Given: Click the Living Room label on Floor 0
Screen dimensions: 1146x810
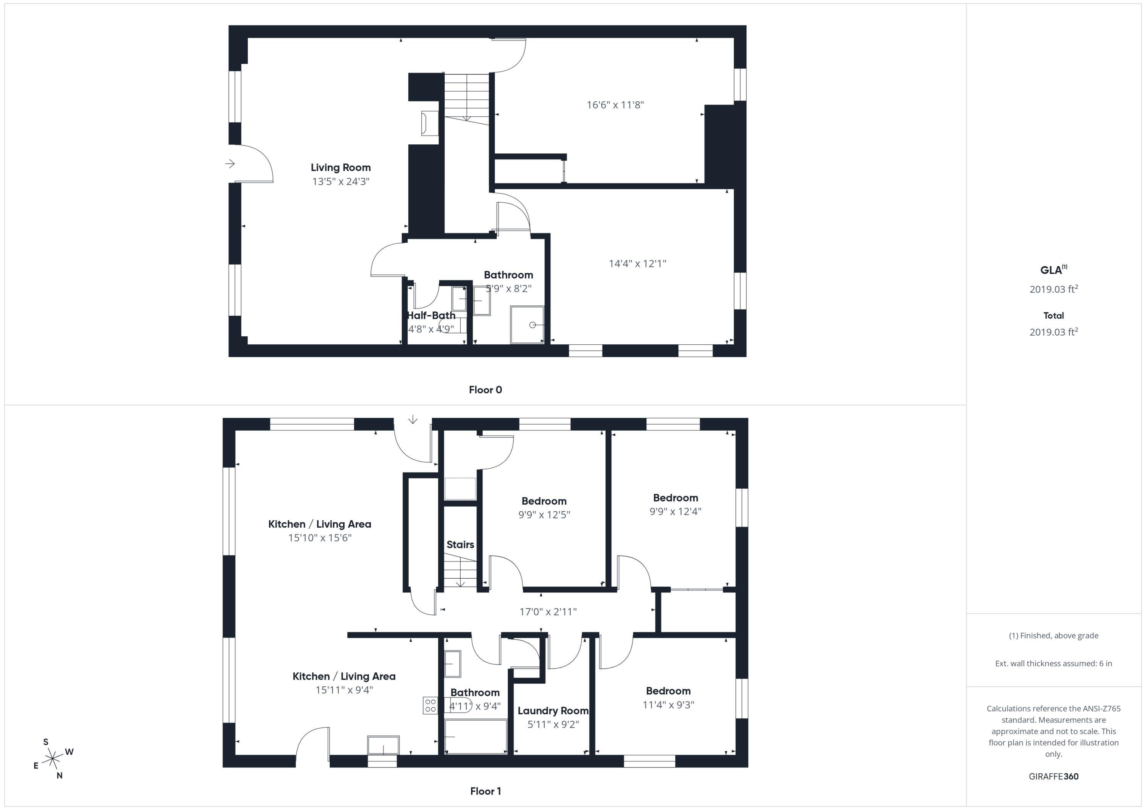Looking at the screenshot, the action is click(x=340, y=168).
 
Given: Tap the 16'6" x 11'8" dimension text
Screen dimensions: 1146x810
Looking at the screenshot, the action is click(x=615, y=105).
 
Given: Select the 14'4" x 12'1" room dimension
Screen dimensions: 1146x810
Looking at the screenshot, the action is click(x=638, y=263).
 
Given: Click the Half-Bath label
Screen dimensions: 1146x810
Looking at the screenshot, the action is click(x=431, y=315).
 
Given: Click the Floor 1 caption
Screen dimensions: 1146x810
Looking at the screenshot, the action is click(x=485, y=791).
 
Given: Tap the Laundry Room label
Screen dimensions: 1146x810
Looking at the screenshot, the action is click(x=553, y=711).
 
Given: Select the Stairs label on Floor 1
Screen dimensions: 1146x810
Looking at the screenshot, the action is click(x=460, y=544).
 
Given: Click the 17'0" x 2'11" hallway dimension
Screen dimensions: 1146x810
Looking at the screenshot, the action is click(x=548, y=612).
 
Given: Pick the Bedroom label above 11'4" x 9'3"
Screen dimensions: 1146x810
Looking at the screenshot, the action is click(x=668, y=691).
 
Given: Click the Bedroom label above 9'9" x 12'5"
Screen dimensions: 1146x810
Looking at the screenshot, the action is click(x=544, y=501).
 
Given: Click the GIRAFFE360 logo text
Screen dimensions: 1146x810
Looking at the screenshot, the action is click(x=1054, y=776).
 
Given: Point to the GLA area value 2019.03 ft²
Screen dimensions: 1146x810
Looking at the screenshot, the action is click(x=1054, y=289).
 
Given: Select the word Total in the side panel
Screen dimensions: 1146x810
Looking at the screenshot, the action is click(x=1054, y=315).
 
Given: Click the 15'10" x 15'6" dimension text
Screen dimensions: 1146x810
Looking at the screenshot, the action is click(x=320, y=538).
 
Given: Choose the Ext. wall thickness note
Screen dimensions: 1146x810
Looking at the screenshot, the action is click(x=1054, y=663).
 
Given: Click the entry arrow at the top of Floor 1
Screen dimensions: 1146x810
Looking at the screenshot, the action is click(x=413, y=420).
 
